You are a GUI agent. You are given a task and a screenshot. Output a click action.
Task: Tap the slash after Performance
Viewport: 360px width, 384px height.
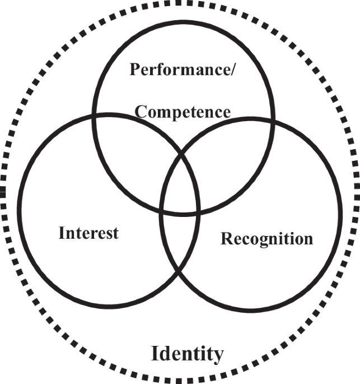point(223,70)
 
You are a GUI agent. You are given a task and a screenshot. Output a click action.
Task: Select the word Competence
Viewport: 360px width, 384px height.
point(183,112)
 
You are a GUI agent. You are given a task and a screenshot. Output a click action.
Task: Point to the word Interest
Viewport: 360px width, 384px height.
point(88,233)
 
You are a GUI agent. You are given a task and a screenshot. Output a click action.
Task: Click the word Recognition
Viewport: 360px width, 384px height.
point(267,239)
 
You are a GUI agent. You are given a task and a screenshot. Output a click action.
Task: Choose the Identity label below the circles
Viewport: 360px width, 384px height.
point(188,354)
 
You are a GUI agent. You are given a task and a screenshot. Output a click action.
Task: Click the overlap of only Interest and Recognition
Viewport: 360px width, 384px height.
point(179,241)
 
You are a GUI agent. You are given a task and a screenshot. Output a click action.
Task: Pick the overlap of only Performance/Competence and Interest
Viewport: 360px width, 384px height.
point(134,157)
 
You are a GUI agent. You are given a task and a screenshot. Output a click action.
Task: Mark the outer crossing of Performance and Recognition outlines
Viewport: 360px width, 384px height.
point(273,121)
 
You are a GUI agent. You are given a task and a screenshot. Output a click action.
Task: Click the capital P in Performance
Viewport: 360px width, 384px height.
point(135,70)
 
